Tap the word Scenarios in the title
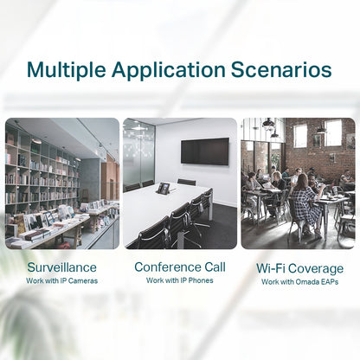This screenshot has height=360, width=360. pos(286,69)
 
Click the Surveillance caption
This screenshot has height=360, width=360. pos(61,267)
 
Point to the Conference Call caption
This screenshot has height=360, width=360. pos(179,267)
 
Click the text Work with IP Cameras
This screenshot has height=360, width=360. pos(61,281)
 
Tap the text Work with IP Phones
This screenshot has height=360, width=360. pos(179,281)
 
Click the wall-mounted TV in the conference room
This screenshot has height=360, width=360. pos(204,151)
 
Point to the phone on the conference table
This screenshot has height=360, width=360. pos(162,188)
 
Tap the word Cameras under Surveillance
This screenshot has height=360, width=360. pos(80,281)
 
